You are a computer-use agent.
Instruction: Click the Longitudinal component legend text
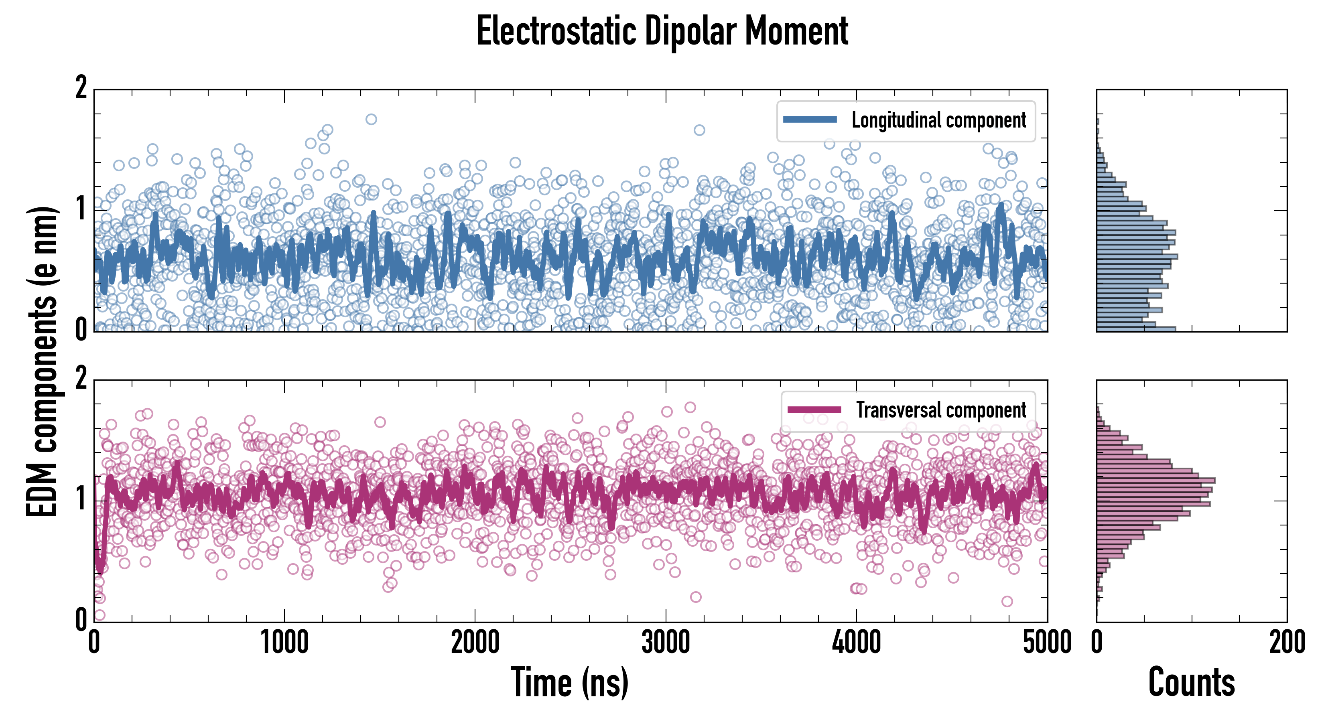click(x=938, y=120)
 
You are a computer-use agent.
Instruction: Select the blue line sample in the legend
click(x=810, y=120)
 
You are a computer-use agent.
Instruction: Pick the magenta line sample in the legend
click(x=814, y=410)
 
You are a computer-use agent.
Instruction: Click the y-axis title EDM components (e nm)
click(x=42, y=362)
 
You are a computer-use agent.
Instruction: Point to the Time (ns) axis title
click(x=569, y=682)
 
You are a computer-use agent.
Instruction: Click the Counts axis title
click(x=1191, y=682)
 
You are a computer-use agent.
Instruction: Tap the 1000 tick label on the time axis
click(x=284, y=642)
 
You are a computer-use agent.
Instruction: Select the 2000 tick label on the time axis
click(x=475, y=642)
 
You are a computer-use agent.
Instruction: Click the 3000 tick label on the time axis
click(x=666, y=642)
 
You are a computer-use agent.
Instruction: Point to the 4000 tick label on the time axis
click(x=856, y=642)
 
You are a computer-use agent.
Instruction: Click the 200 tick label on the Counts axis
click(x=1286, y=642)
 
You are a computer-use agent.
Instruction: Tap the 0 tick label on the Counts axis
click(x=1097, y=642)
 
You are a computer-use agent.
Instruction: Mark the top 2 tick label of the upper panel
click(x=81, y=88)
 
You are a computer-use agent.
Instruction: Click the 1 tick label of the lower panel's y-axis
click(x=81, y=499)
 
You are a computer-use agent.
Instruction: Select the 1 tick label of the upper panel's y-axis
click(x=81, y=209)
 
